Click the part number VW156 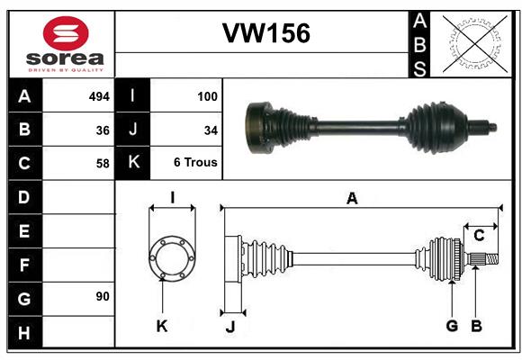click(x=266, y=33)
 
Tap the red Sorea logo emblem click(x=66, y=33)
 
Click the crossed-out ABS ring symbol click(x=475, y=43)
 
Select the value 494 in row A click(x=99, y=96)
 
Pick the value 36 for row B click(x=103, y=130)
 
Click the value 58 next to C click(x=103, y=164)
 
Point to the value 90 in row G click(x=103, y=296)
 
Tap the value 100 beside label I click(x=207, y=96)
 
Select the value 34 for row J click(x=211, y=130)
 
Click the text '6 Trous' click(x=195, y=163)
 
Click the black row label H click(x=25, y=332)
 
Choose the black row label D click(x=25, y=197)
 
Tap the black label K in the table click(x=132, y=163)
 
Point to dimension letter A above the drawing click(x=352, y=199)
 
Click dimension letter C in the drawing click(x=479, y=236)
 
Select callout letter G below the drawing click(x=452, y=326)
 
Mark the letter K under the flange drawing click(x=162, y=326)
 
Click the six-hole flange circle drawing click(x=172, y=238)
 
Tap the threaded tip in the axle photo click(x=492, y=127)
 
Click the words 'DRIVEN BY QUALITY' click(x=66, y=70)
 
